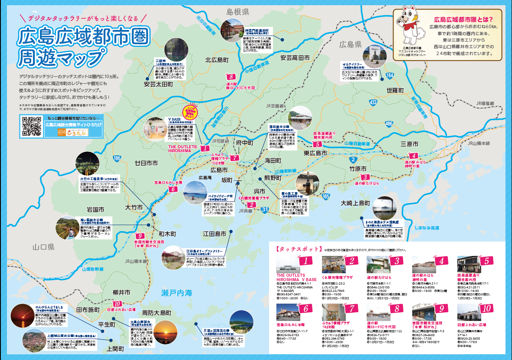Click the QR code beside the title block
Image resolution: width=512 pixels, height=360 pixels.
(31, 127)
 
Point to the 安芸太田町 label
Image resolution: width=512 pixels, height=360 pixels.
(159, 84)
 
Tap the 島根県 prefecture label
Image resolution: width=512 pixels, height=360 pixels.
(237, 12)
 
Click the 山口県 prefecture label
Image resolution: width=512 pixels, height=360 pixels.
(43, 247)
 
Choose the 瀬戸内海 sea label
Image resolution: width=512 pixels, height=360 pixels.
(176, 293)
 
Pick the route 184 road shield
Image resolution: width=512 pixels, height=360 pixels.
(390, 75)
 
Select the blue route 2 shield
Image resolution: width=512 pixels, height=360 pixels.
(348, 159)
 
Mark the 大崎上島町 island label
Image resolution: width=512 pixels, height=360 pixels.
(355, 203)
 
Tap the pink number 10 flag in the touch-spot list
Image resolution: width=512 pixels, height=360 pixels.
(486, 309)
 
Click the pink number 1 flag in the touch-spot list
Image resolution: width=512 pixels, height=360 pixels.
(306, 261)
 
